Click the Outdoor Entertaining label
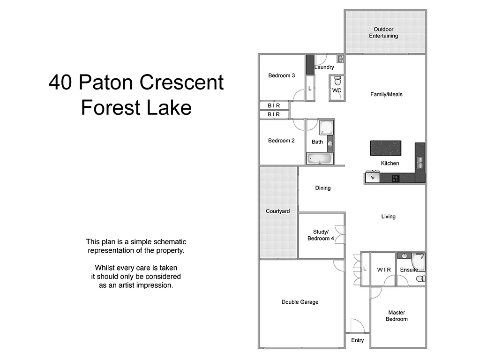383,32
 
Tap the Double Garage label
300,302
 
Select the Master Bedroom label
397,316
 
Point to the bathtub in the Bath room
320,159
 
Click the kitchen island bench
386,148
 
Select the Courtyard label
277,211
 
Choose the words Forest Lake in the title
136,107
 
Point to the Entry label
357,340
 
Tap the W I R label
384,270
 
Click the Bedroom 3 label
281,75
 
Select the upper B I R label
274,106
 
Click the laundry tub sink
340,59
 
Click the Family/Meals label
386,94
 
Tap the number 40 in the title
61,83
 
